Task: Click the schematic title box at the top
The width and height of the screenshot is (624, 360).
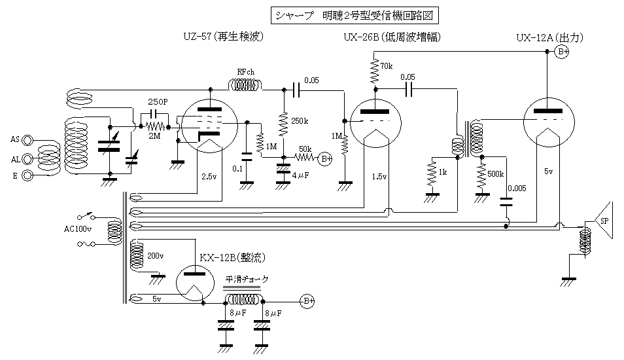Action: click(353, 15)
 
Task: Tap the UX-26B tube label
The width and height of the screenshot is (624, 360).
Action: click(391, 37)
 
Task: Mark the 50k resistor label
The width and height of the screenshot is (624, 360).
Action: click(305, 149)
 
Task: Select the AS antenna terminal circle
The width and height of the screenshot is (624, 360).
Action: click(27, 139)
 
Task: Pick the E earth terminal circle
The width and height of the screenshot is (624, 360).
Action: click(27, 175)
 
